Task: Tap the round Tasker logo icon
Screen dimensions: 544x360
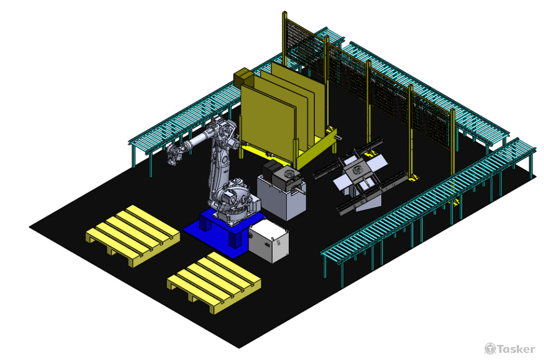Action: (490, 349)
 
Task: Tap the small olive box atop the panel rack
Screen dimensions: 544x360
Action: (242, 78)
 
